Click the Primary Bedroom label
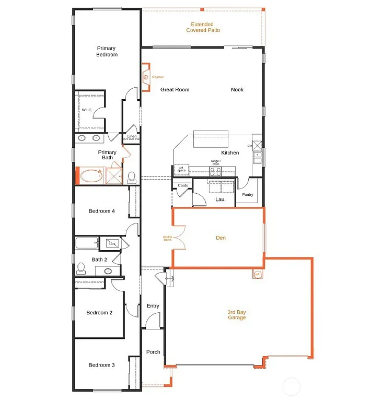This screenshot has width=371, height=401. [107, 51]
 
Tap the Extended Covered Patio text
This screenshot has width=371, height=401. [203, 27]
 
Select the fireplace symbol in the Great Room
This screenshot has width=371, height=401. [145, 77]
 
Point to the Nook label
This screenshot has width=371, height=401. [237, 89]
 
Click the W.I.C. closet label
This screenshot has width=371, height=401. [87, 110]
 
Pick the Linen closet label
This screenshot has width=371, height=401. [132, 137]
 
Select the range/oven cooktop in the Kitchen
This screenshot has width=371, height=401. [215, 170]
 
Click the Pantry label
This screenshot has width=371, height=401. [247, 195]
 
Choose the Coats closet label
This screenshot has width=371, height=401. [183, 185]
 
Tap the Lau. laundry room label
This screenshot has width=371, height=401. [220, 199]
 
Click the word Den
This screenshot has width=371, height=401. [221, 238]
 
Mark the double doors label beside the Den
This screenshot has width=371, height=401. [167, 239]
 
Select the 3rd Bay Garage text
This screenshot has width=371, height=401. [236, 315]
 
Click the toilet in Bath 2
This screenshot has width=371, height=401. [81, 268]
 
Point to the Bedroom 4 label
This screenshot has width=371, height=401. [101, 211]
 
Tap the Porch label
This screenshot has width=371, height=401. [153, 352]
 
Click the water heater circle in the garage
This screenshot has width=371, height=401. [257, 274]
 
